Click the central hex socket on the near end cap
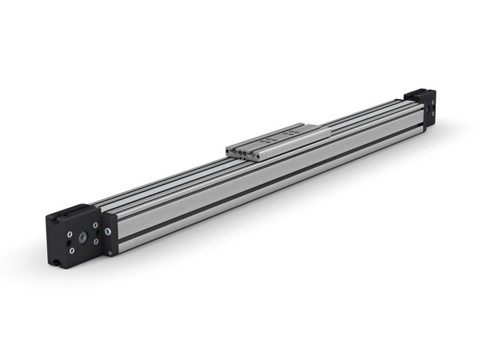click(82, 238)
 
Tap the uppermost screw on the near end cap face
click(95, 225)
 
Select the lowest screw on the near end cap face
click(72, 251)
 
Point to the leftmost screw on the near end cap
click(70, 234)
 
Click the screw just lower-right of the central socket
click(96, 241)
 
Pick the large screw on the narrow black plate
click(108, 232)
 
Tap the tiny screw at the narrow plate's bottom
click(109, 253)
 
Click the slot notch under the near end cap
click(55, 262)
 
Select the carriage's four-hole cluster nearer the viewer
click(268, 140)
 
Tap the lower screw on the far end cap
click(433, 113)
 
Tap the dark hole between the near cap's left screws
click(69, 243)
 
